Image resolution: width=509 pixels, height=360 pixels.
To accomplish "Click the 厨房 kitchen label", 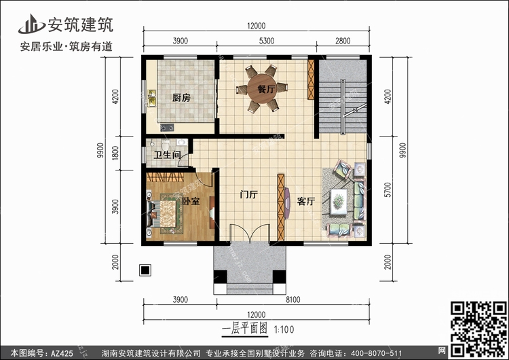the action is pos(181,98).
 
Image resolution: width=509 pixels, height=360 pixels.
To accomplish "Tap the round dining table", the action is pos(262,89).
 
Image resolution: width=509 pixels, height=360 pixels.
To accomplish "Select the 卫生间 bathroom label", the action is pos(167,155).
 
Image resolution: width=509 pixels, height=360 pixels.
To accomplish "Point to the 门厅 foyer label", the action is pos(248,194).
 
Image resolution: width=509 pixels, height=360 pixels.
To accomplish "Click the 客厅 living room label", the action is pos(306,201).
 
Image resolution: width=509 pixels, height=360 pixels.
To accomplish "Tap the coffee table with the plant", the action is pos(339,202).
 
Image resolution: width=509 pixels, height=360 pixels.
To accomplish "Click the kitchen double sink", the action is pos(151,98).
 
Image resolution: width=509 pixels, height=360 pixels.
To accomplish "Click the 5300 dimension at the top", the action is pos(267,41).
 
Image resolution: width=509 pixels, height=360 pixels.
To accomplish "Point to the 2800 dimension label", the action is pos(343,41).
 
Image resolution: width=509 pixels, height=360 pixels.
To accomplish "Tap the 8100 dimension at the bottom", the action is pos(293,300).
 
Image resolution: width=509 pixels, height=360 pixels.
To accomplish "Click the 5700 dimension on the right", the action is pos(388,190).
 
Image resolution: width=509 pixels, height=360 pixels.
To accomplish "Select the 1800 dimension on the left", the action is pos(115,153).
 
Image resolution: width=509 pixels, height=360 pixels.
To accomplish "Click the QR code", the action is pos(479,329).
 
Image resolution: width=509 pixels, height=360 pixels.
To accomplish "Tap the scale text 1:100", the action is pos(284,330).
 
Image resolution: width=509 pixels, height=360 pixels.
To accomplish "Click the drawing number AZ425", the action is pos(62,353).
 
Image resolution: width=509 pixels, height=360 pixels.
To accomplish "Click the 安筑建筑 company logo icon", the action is pos(31,24).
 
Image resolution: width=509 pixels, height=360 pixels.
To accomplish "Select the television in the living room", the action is pos(287,203).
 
